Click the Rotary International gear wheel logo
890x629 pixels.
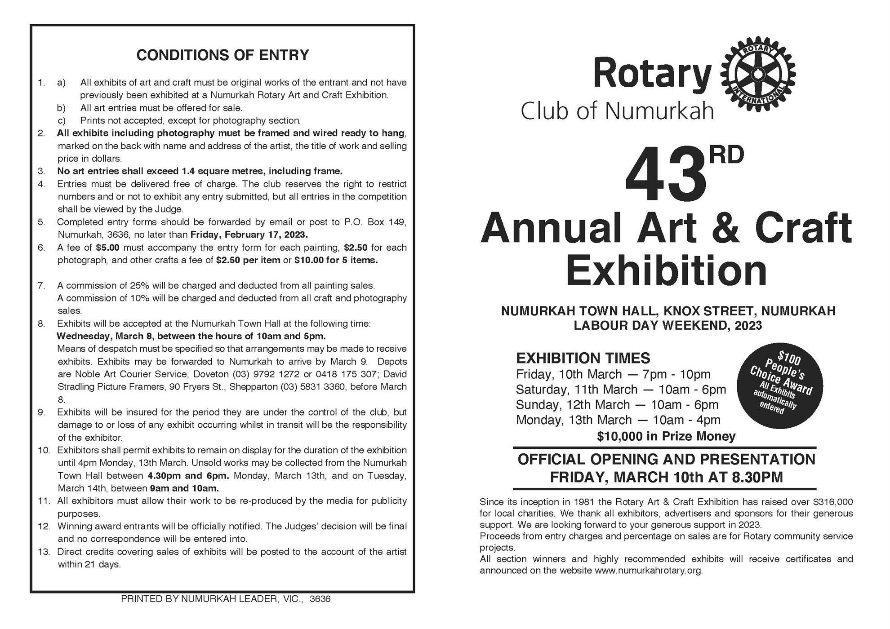point(758,74)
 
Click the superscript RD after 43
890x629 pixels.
point(726,155)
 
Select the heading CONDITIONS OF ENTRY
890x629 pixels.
point(222,55)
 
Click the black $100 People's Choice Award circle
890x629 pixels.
point(780,385)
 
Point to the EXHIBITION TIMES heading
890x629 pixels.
point(583,358)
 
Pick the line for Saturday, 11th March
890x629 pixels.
point(620,389)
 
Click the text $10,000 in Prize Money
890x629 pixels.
point(666,436)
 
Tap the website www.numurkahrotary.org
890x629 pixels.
point(648,571)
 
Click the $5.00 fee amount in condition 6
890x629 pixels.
point(107,248)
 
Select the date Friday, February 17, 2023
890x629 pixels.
point(249,235)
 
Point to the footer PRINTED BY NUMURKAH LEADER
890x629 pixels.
point(226,599)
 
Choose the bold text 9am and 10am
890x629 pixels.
point(184,488)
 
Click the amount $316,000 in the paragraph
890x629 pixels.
point(833,502)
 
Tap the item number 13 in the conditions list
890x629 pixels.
point(44,552)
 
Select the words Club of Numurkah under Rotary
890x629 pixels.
point(617,111)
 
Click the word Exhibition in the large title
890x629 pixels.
point(666,271)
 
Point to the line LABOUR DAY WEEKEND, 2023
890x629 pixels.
point(667,325)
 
